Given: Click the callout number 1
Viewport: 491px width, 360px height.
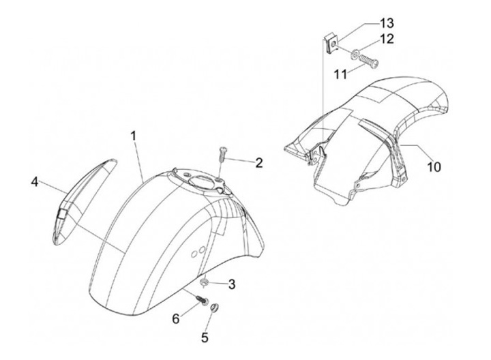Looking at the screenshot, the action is (134, 136).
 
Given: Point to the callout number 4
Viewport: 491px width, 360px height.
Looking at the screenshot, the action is (34, 182).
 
